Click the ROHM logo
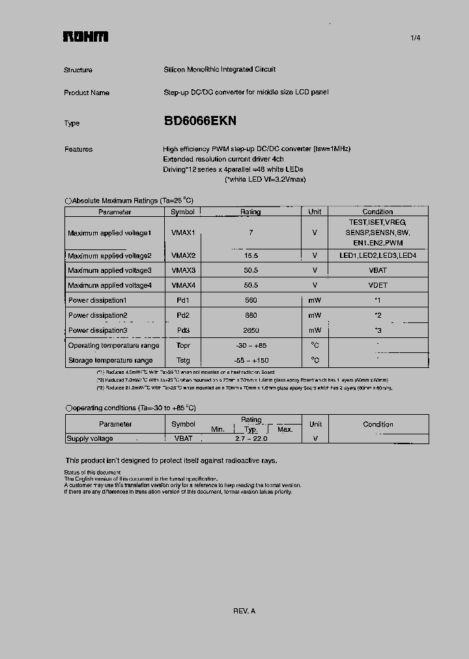point(85,37)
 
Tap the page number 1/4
point(415,38)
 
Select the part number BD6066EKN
point(200,121)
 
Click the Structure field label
point(78,70)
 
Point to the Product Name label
point(87,92)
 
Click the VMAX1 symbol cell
point(183,232)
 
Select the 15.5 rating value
point(250,256)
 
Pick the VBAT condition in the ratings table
point(378,270)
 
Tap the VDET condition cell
point(378,285)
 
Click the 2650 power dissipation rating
point(250,330)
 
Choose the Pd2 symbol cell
point(183,315)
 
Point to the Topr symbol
point(183,345)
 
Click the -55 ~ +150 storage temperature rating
point(250,360)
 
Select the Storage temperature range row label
point(110,360)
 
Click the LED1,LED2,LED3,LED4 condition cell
point(378,256)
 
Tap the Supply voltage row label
point(90,438)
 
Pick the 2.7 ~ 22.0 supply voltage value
point(250,438)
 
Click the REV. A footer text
point(244,611)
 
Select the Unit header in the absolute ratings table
point(315,212)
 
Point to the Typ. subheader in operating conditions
point(251,430)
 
